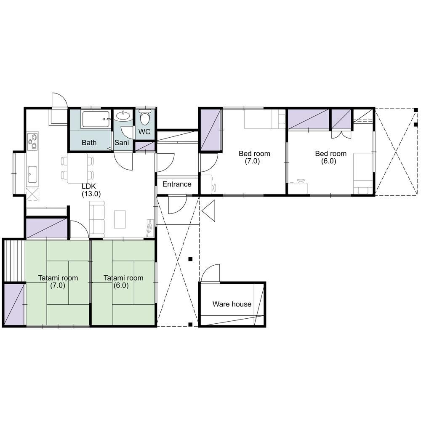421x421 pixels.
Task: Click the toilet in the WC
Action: point(145,117)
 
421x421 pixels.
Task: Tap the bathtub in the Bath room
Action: point(95,119)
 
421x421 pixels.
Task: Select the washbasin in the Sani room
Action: point(123,116)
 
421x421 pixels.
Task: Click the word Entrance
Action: point(177,184)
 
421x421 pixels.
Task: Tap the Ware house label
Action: point(232,304)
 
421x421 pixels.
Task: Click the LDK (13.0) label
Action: point(91,190)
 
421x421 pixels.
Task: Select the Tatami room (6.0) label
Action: point(123,281)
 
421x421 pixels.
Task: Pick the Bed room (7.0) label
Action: point(254,157)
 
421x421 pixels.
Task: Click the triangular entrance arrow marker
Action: point(209,210)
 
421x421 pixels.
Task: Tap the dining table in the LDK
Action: point(77,168)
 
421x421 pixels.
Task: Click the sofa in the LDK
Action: point(97,219)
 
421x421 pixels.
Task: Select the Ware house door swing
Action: point(210,273)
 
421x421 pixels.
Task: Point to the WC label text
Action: point(144,132)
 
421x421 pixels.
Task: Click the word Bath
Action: point(89,143)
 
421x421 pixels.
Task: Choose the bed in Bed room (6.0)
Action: point(363,173)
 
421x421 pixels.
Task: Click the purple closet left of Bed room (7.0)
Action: point(211,130)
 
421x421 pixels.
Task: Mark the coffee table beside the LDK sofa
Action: point(120,219)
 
